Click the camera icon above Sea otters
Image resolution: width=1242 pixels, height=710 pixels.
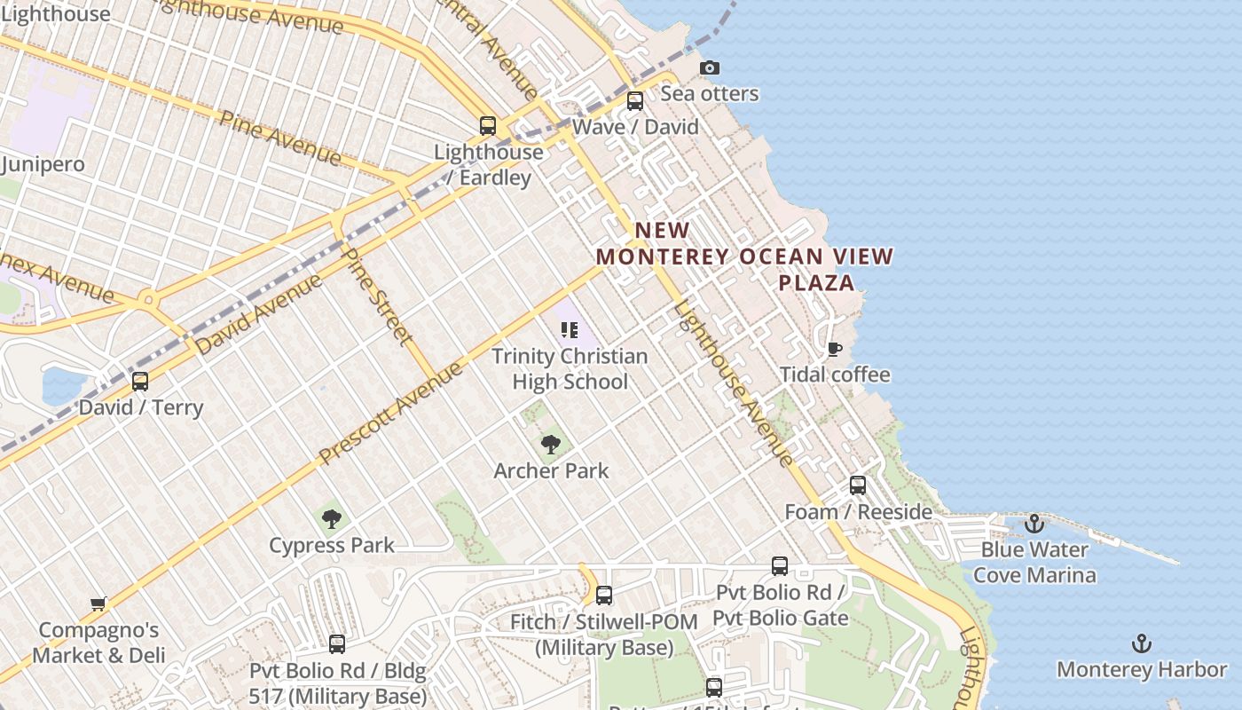pyautogui.click(x=709, y=68)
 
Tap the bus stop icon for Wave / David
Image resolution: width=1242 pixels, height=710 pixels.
pyautogui.click(x=635, y=101)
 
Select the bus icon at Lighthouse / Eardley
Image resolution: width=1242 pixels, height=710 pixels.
pyautogui.click(x=488, y=126)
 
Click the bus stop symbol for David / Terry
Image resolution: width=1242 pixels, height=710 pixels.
pyautogui.click(x=140, y=382)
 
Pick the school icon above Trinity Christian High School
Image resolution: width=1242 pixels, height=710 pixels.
pyautogui.click(x=570, y=330)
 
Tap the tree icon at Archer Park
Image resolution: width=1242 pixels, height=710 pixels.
pyautogui.click(x=551, y=444)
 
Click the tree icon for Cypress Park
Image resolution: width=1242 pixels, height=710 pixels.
pyautogui.click(x=332, y=518)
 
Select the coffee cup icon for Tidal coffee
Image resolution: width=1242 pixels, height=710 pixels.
pyautogui.click(x=834, y=349)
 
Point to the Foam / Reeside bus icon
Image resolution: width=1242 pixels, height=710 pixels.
pyautogui.click(x=857, y=485)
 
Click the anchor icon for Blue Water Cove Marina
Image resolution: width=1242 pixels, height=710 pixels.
pyautogui.click(x=1034, y=524)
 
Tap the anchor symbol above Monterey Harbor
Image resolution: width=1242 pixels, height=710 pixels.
pyautogui.click(x=1142, y=643)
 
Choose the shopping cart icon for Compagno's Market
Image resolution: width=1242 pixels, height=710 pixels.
pyautogui.click(x=98, y=604)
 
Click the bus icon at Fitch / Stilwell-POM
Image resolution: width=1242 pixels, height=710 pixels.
pyautogui.click(x=604, y=596)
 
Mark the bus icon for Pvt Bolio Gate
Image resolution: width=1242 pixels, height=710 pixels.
pyautogui.click(x=780, y=566)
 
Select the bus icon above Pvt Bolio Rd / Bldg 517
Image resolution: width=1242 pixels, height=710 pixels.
pyautogui.click(x=337, y=644)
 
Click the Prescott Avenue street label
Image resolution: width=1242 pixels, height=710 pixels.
pyautogui.click(x=391, y=413)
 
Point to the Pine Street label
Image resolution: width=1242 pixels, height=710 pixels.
pyautogui.click(x=378, y=296)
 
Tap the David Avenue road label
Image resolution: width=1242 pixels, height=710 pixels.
pyautogui.click(x=259, y=314)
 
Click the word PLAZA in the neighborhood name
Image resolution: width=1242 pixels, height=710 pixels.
pyautogui.click(x=816, y=282)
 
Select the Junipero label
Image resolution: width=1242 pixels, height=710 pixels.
pyautogui.click(x=43, y=164)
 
